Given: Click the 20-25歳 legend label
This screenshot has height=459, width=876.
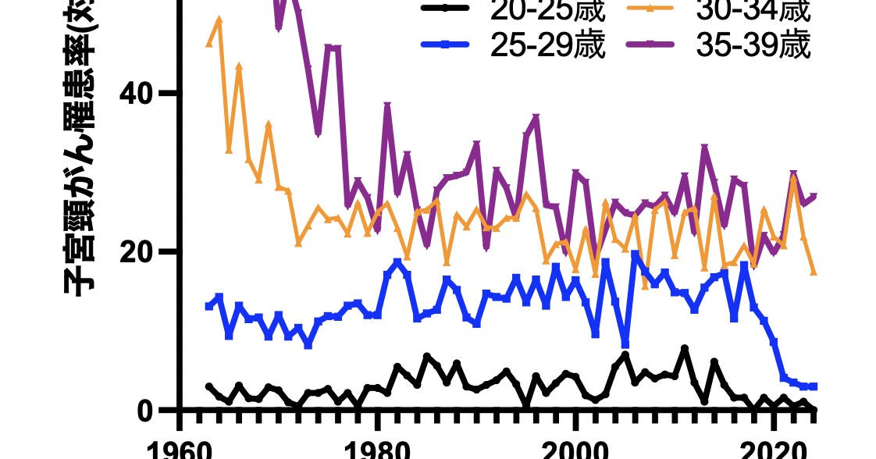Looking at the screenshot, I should click(x=547, y=11).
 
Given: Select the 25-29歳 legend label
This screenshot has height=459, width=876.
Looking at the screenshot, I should click(x=547, y=45).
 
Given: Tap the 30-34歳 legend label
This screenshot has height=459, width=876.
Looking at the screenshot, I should click(x=753, y=11).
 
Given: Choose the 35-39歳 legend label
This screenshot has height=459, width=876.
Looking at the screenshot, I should click(x=753, y=45).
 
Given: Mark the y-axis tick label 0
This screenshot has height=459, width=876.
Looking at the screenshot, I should click(x=145, y=411).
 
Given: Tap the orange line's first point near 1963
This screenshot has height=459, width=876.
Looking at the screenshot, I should click(x=209, y=44).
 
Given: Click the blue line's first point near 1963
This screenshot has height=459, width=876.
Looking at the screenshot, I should click(x=209, y=306).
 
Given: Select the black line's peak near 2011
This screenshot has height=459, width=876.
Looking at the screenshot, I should click(x=685, y=348).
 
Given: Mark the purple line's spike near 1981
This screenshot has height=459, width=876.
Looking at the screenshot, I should click(x=387, y=105).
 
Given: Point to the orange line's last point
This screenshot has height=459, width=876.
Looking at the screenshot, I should click(x=814, y=272).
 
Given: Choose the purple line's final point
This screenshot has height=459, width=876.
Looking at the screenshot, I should click(x=814, y=196).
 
